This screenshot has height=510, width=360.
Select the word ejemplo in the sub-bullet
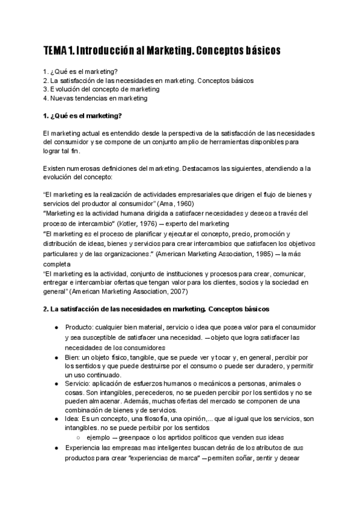pos(99,437)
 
